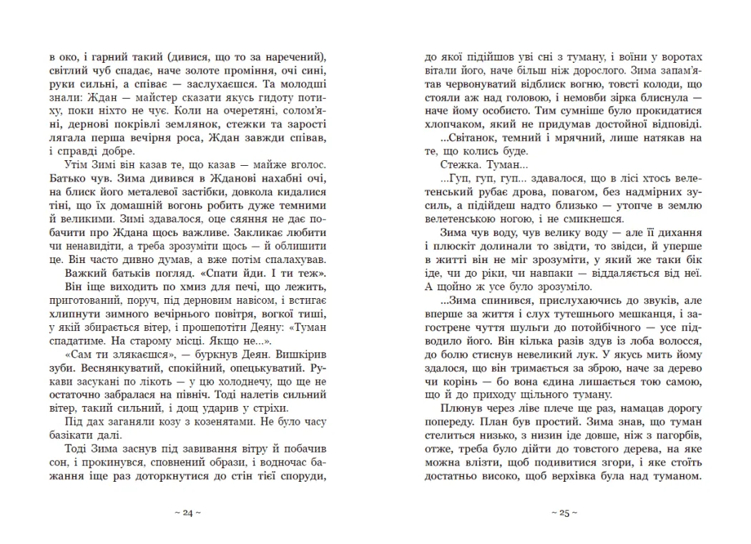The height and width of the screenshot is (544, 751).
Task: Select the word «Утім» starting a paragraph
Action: (67, 165)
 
